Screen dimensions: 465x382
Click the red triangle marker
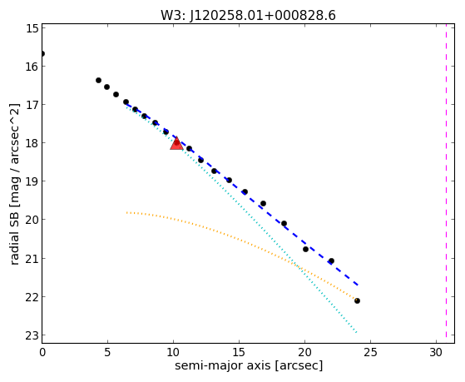point(176,143)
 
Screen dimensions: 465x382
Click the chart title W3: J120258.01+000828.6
point(248,16)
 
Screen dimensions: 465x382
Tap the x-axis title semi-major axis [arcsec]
point(249,365)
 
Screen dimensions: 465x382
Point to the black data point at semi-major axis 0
point(42,54)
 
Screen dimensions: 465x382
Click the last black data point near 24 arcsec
point(357,300)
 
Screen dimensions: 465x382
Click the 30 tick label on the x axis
point(436,353)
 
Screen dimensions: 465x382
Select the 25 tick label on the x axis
point(370,353)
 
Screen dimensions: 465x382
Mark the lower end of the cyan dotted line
point(357,332)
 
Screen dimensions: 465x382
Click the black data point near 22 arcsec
point(331,260)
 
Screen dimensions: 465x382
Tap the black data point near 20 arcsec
point(305,249)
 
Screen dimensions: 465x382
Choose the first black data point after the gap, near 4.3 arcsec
point(98,80)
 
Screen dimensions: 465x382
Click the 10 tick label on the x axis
point(174,353)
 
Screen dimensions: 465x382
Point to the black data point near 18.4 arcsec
point(284,223)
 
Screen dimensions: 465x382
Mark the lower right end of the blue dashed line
point(359,285)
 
